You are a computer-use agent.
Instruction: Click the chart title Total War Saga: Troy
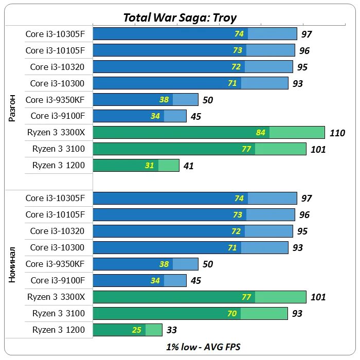(180, 18)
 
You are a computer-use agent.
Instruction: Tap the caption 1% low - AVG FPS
(203, 347)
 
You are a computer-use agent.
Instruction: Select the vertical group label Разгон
(13, 107)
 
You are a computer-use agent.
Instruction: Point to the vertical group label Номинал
(13, 264)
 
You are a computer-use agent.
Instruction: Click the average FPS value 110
(337, 133)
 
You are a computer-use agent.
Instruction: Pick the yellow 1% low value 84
(261, 133)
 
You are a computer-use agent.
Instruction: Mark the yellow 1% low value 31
(150, 166)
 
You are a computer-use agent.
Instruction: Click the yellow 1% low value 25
(137, 330)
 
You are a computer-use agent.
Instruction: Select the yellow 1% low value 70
(232, 314)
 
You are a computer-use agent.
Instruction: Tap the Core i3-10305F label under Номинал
(55, 198)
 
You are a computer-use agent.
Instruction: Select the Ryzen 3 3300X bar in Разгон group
(208, 133)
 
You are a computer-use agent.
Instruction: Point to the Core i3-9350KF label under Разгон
(55, 100)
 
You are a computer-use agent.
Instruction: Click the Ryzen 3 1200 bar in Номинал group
(127, 330)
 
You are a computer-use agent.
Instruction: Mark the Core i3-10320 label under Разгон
(57, 67)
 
